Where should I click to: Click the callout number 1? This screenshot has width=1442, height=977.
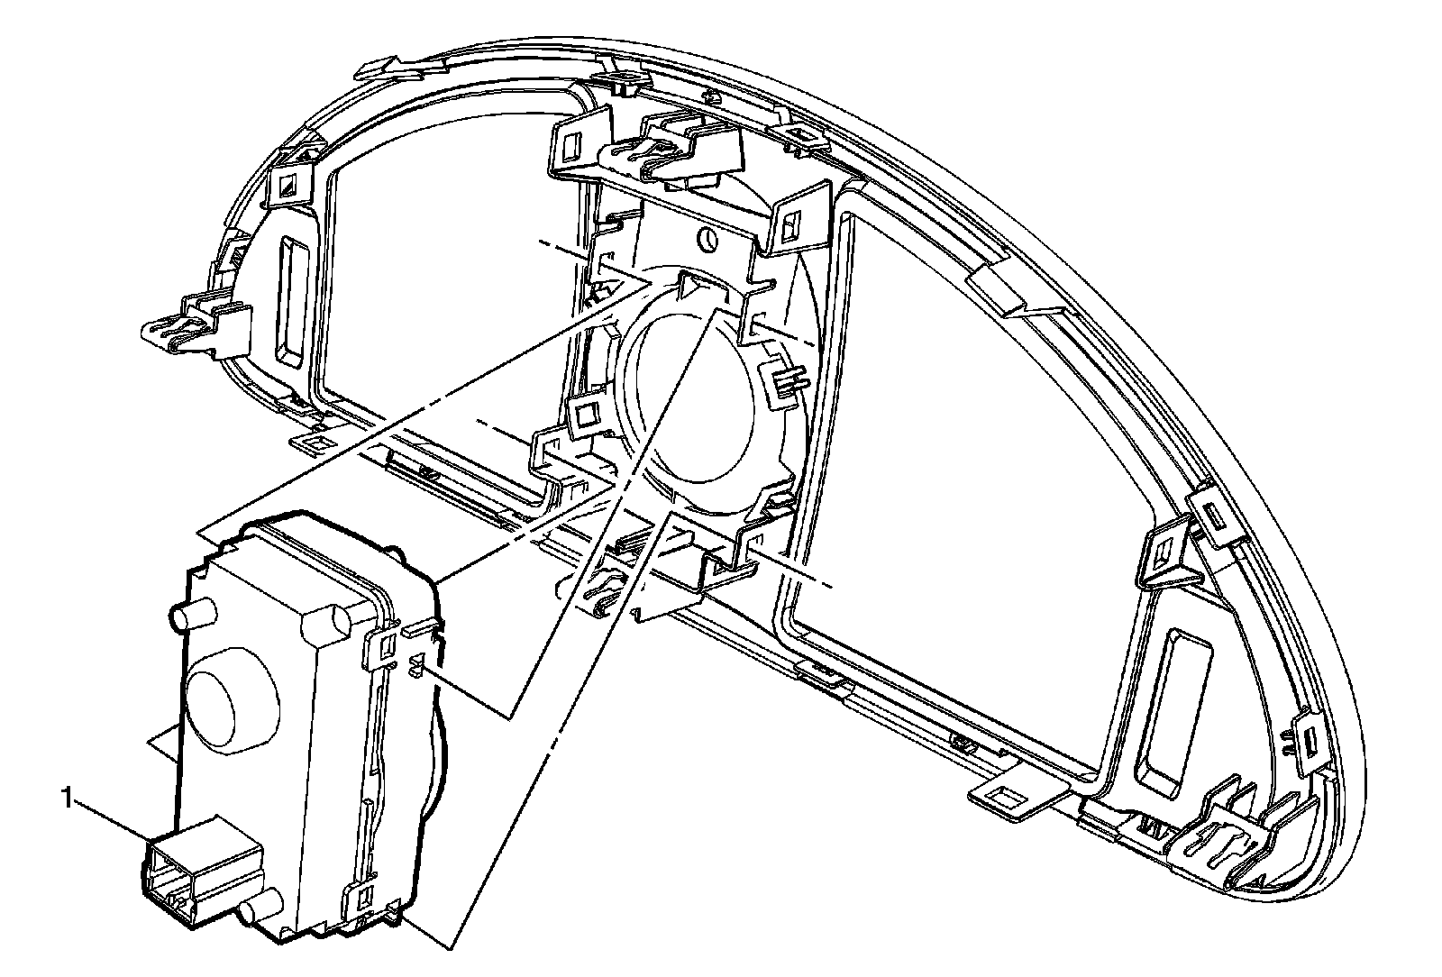click(x=66, y=797)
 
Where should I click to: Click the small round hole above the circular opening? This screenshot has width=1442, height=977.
click(x=708, y=240)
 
